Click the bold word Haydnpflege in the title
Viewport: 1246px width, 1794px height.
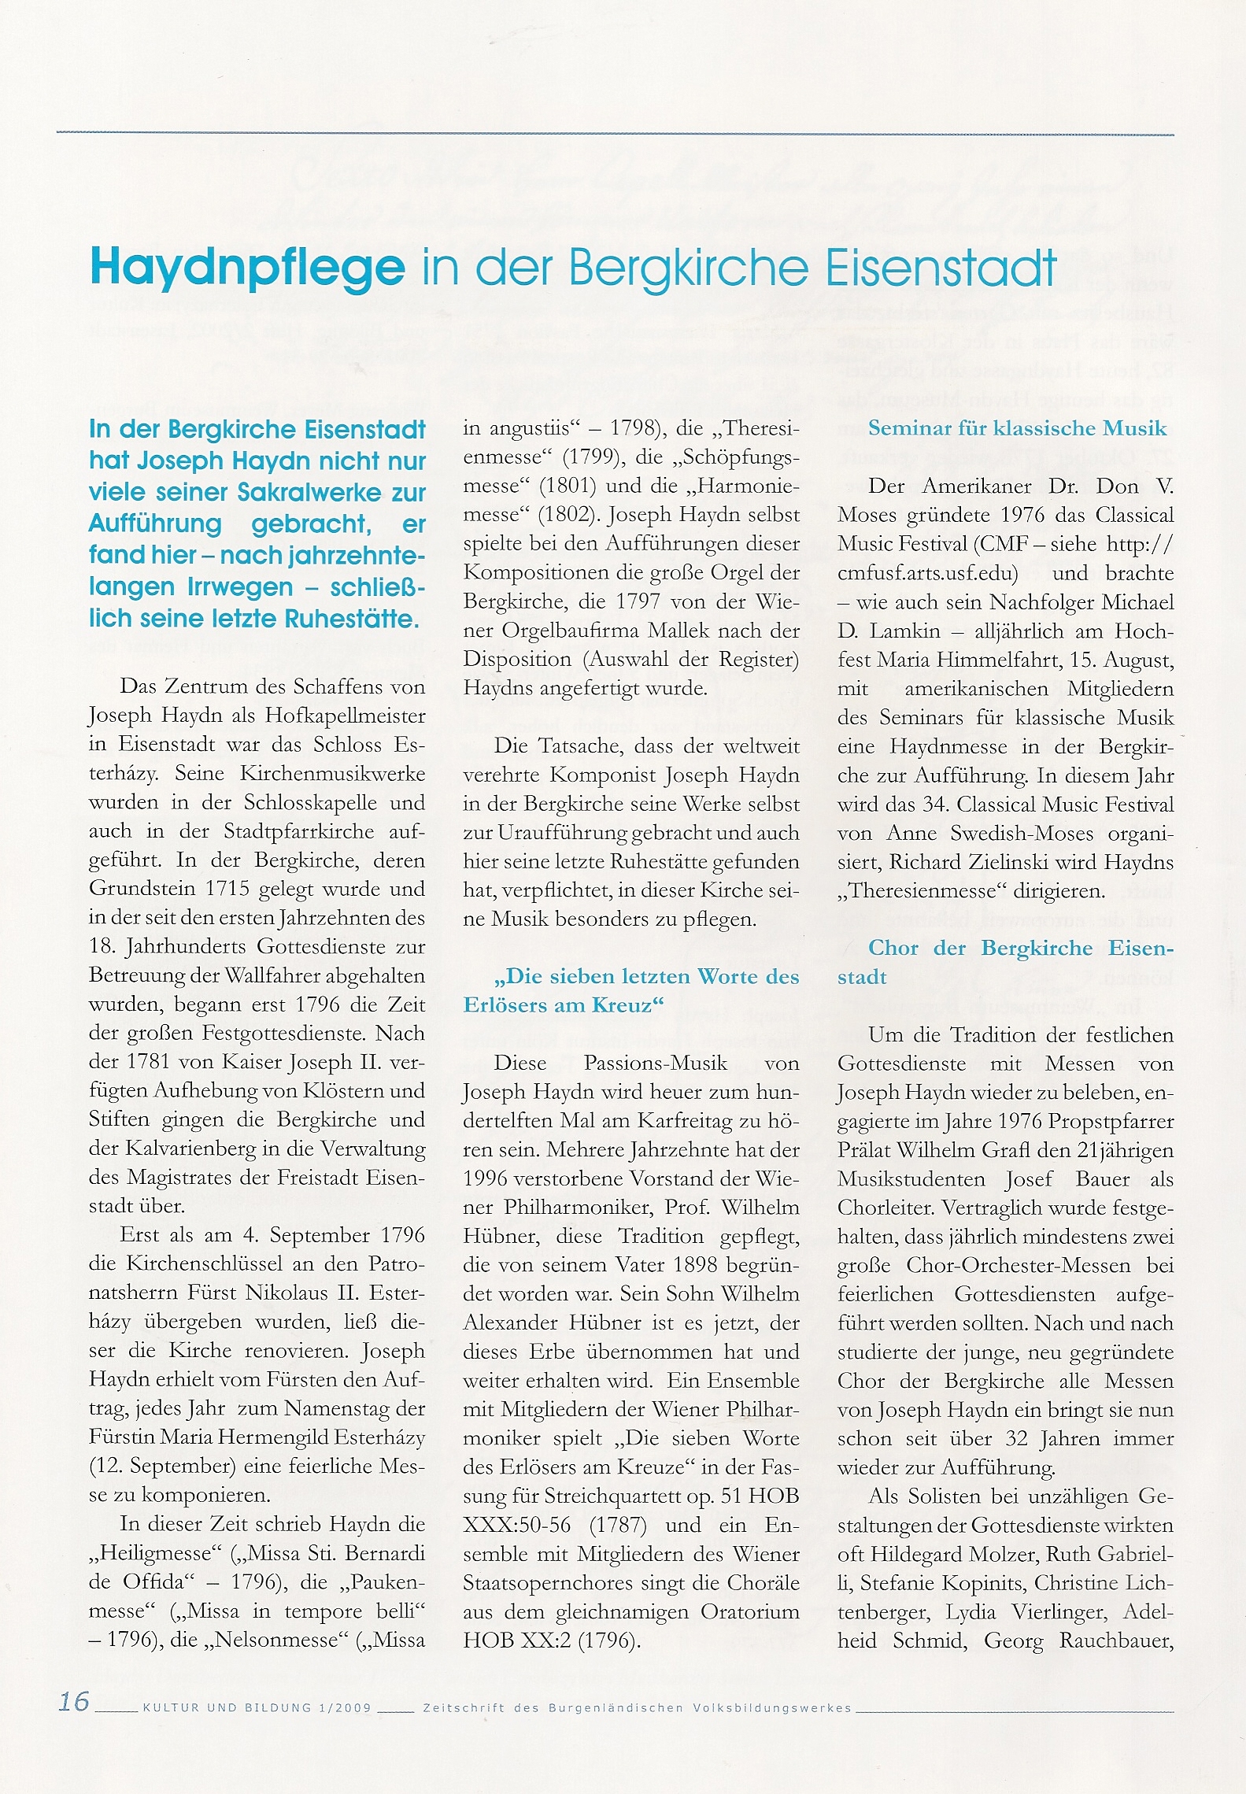tap(248, 268)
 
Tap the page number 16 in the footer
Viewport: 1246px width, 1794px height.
tap(75, 1701)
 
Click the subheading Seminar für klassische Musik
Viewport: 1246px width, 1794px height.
tap(1017, 428)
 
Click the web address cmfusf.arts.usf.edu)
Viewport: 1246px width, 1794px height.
tap(928, 573)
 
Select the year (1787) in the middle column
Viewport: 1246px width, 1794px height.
tap(618, 1525)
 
